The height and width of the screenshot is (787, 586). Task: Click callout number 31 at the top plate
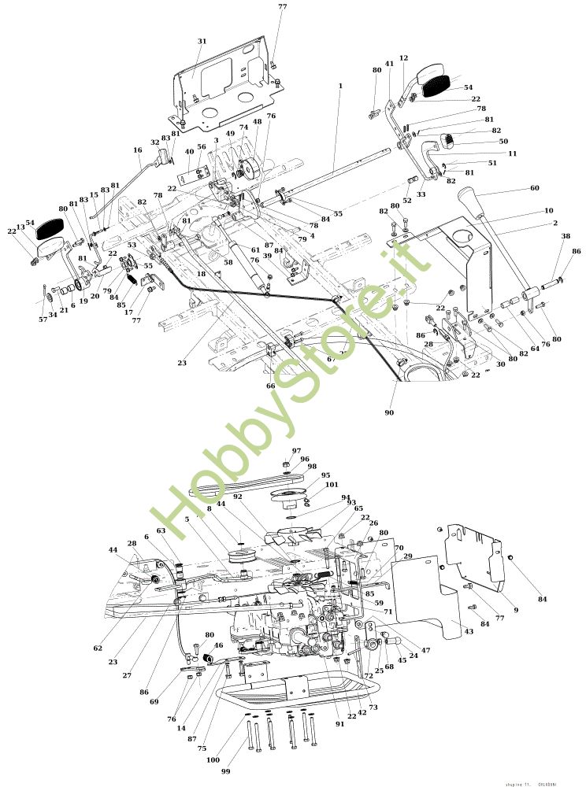202,41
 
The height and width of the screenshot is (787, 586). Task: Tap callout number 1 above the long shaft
340,84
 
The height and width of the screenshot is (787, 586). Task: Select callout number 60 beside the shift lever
536,188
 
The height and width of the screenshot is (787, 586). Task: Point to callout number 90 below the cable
389,412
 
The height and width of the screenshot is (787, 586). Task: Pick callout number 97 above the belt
296,451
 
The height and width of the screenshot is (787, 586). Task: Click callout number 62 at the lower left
98,648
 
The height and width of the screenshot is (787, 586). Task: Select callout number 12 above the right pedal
403,58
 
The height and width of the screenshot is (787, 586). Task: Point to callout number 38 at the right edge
566,236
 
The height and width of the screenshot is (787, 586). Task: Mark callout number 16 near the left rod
138,150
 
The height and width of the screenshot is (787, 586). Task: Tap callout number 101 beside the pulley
332,485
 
